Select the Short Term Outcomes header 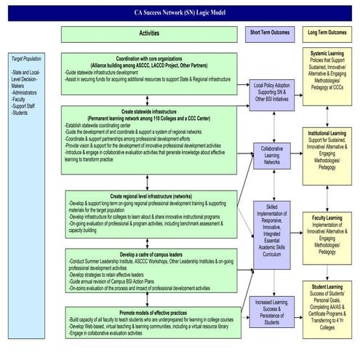270,33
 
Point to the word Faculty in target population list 21,100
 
